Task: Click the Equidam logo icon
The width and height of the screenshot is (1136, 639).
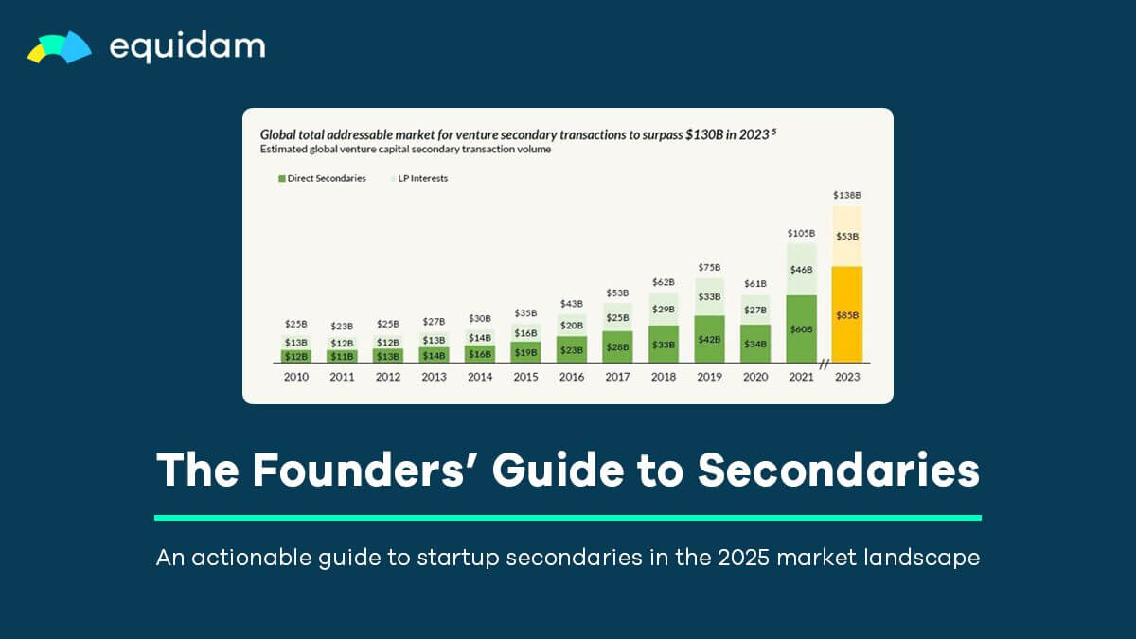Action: click(59, 47)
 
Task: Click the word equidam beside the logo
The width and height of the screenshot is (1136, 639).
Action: click(187, 46)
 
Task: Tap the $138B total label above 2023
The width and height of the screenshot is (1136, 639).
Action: click(847, 195)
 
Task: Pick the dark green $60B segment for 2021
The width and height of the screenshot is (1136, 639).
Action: click(801, 328)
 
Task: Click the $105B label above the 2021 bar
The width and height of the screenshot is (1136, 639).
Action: click(801, 233)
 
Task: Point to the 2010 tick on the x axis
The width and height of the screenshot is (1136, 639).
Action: click(296, 377)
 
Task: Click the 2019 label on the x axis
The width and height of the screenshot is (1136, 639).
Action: click(709, 377)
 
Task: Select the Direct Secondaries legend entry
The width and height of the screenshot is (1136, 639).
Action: click(322, 178)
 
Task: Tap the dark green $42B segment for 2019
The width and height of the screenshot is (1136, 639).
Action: click(709, 338)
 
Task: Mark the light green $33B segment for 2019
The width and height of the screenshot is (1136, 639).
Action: click(709, 296)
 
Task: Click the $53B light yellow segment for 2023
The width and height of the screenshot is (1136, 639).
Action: click(847, 236)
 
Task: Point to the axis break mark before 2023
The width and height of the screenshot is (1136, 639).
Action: click(824, 364)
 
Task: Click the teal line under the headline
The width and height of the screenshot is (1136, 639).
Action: click(568, 518)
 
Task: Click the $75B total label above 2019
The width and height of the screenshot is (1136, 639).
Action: click(709, 267)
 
